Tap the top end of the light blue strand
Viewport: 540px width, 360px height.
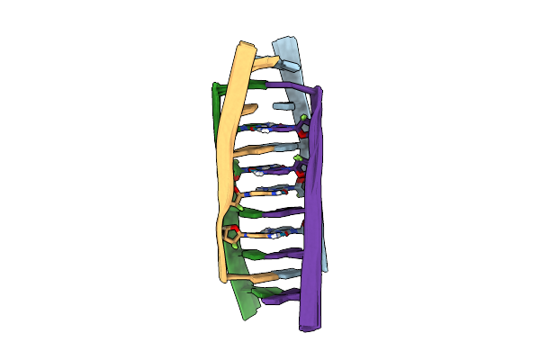tap(284, 41)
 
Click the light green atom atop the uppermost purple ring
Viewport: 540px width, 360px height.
tap(306, 118)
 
